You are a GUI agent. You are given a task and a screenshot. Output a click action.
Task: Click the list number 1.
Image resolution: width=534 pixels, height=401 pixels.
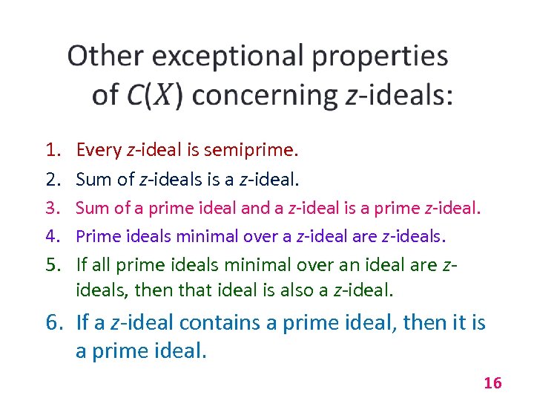click(x=51, y=151)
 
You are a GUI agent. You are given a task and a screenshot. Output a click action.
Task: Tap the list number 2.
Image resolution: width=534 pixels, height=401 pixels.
click(x=51, y=179)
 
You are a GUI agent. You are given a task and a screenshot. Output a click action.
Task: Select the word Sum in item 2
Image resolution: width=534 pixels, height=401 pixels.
click(x=93, y=179)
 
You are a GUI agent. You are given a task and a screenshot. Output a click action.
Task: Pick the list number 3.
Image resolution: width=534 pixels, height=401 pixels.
click(x=51, y=209)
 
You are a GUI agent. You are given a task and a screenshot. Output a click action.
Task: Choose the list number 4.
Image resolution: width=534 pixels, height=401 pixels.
click(x=51, y=236)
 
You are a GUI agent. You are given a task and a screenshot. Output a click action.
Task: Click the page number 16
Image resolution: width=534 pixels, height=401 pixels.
click(x=492, y=383)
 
